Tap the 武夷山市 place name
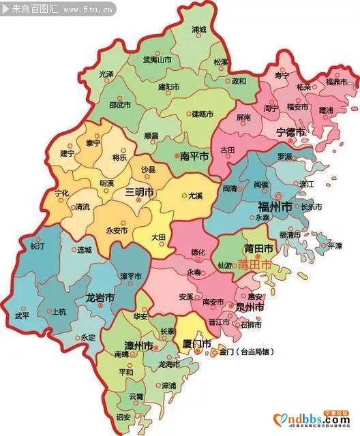click(x=157, y=60)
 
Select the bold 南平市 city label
click(x=194, y=156)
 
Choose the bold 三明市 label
click(x=140, y=193)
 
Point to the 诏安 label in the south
click(x=123, y=416)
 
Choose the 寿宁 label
click(x=282, y=75)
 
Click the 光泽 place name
click(x=106, y=74)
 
